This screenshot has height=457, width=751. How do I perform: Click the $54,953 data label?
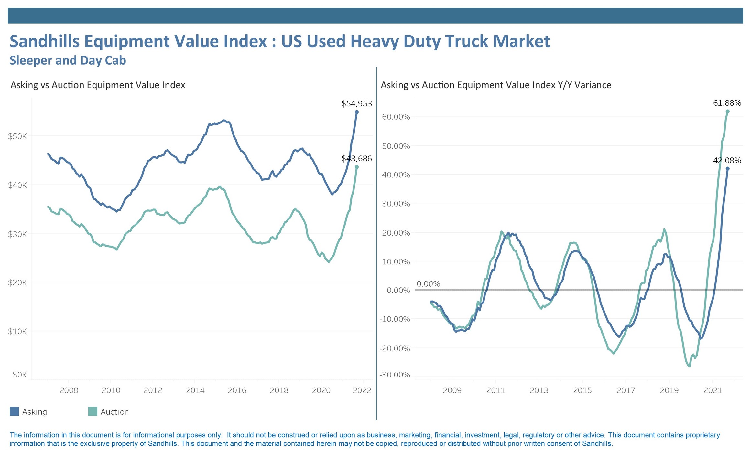click(356, 104)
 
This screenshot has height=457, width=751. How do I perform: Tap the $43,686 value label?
click(356, 159)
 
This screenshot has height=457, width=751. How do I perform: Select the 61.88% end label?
click(727, 103)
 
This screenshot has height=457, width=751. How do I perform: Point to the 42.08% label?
click(727, 160)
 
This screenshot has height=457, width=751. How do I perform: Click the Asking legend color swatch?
click(14, 411)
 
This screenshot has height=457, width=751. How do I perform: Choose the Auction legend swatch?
click(93, 411)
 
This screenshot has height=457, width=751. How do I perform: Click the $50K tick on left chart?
click(17, 136)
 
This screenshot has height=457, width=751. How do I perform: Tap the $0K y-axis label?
click(20, 375)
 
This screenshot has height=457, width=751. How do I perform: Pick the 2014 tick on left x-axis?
click(195, 390)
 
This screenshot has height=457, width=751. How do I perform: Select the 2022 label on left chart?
click(362, 390)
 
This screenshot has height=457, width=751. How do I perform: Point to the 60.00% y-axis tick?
click(396, 117)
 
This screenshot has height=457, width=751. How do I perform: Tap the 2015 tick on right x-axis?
click(582, 390)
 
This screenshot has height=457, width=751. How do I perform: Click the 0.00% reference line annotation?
click(428, 284)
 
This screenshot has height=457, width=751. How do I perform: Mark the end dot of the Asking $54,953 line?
click(357, 112)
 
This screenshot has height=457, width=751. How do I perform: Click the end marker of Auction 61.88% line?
click(728, 111)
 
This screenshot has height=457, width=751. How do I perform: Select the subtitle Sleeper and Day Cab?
click(68, 60)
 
